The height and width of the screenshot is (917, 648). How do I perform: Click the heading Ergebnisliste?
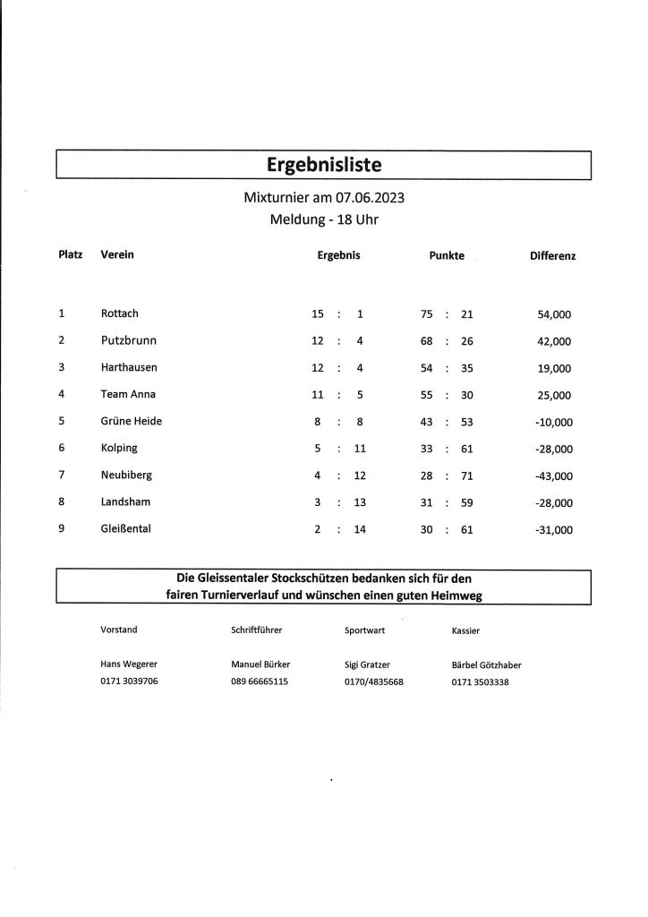[x=323, y=165]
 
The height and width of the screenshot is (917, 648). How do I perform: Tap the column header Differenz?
[x=553, y=256]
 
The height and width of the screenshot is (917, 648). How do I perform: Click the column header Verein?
[x=117, y=255]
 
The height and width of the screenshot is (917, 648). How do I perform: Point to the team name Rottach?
[x=120, y=313]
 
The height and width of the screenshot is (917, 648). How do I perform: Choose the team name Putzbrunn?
[x=129, y=340]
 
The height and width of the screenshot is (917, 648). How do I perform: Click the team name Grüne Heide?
[x=132, y=421]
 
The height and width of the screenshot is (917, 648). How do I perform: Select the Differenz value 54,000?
[x=554, y=314]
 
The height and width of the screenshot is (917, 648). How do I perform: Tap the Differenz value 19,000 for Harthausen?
[x=554, y=368]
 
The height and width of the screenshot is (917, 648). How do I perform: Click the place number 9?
[x=61, y=529]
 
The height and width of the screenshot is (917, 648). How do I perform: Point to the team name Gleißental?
[x=126, y=529]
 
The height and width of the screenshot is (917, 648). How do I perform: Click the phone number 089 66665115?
[x=260, y=681]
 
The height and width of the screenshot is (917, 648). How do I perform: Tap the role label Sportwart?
[x=365, y=630]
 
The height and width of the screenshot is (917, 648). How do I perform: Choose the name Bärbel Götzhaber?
[x=487, y=664]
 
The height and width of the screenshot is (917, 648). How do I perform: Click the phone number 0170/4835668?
[x=374, y=681]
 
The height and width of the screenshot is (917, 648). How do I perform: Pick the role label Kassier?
[x=466, y=630]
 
